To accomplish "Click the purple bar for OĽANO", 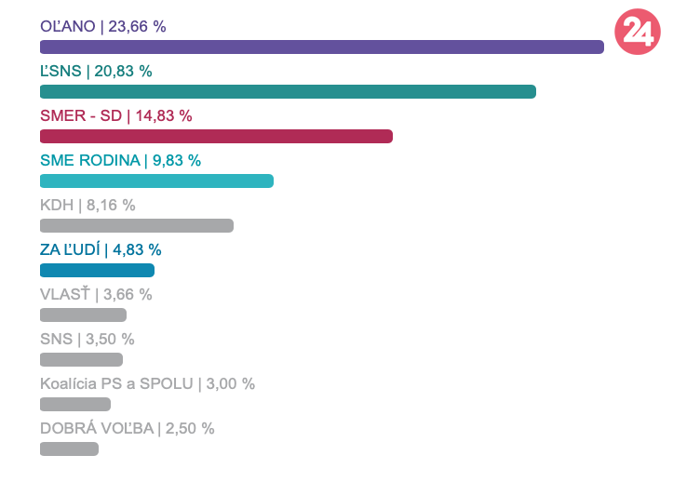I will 321,47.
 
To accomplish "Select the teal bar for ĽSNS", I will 288,92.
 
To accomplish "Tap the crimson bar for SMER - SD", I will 216,137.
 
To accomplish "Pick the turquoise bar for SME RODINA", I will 156,181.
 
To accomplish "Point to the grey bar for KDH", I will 137,226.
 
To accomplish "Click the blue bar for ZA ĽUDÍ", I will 97,271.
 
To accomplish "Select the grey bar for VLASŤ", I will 83,315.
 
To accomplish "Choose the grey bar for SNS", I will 81,360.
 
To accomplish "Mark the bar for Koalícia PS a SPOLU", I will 75,405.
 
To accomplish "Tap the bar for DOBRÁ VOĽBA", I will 69,449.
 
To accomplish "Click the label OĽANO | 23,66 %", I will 103,26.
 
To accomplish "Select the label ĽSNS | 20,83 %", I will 96,71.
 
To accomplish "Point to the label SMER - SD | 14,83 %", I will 116,115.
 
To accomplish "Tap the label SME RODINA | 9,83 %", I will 120,160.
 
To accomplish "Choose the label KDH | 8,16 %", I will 87,205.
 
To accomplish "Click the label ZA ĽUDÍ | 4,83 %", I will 101,249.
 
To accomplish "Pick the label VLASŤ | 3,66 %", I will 96,294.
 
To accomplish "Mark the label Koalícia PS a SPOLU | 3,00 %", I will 147,383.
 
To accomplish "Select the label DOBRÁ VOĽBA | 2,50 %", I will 128,428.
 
